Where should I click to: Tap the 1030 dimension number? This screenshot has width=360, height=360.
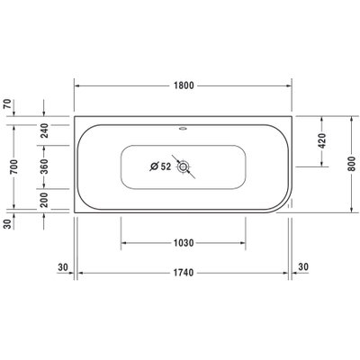(183, 242)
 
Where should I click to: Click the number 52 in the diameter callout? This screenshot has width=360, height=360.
(166, 166)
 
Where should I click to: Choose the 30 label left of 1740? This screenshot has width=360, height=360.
(63, 266)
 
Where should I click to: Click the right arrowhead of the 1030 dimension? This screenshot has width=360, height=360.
(244, 242)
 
